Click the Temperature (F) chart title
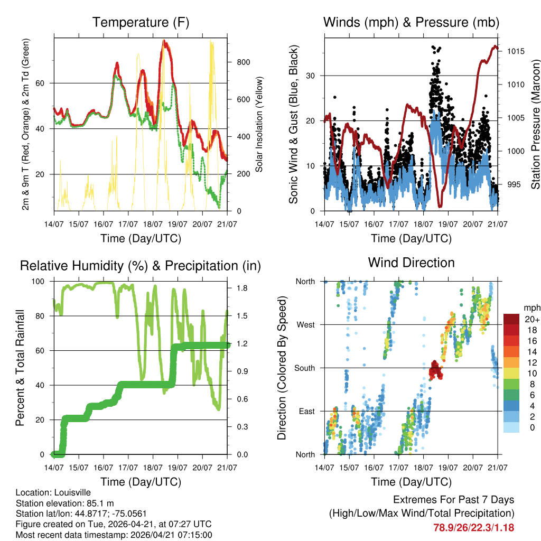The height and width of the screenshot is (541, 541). (x=141, y=23)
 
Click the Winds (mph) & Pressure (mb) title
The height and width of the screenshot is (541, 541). (x=411, y=23)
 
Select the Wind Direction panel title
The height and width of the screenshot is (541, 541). (x=411, y=263)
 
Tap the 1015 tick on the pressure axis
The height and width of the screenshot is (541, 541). (x=515, y=51)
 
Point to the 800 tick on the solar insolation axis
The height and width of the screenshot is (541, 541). (x=243, y=62)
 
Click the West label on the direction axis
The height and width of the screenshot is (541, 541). (x=305, y=324)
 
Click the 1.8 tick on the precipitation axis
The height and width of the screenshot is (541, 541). (x=241, y=288)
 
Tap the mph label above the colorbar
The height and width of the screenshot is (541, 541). (x=530, y=307)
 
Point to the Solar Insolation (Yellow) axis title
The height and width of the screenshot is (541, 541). (x=259, y=124)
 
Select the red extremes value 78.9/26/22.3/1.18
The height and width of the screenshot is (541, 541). (x=474, y=528)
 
